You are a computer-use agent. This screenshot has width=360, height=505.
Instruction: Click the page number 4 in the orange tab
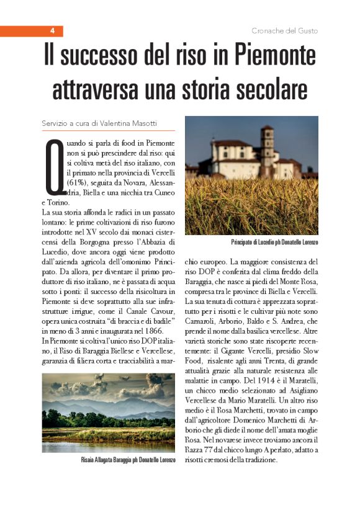coord(53,30)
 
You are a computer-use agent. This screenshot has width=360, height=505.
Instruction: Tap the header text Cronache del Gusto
coord(285,30)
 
